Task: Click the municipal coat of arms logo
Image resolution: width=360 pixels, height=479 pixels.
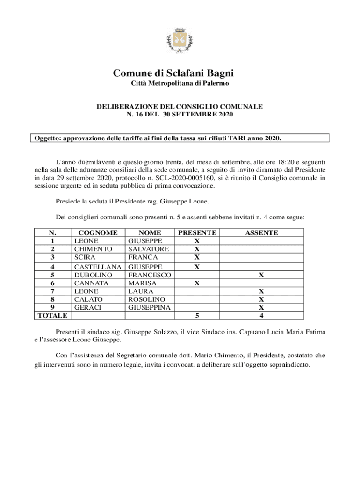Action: [180, 41]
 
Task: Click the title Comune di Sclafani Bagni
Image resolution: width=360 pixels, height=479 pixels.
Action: [180, 73]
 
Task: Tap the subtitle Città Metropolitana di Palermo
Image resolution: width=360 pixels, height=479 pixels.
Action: [180, 83]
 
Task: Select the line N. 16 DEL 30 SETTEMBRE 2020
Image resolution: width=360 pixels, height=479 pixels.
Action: [180, 114]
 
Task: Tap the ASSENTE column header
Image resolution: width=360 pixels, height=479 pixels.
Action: [262, 232]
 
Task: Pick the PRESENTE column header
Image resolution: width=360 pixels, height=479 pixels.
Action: [197, 232]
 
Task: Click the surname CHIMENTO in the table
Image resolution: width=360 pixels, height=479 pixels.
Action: [93, 249]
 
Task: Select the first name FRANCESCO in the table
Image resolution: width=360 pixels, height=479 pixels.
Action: [150, 275]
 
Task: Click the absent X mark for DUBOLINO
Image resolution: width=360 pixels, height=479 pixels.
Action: [262, 275]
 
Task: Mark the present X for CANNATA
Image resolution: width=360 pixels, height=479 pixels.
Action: [197, 283]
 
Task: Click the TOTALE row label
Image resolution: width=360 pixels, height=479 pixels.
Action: [52, 316]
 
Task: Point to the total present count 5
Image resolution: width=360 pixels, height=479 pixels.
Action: [197, 316]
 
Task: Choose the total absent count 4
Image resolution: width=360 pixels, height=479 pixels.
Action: [262, 316]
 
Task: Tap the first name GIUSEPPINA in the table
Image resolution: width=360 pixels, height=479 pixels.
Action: [149, 307]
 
